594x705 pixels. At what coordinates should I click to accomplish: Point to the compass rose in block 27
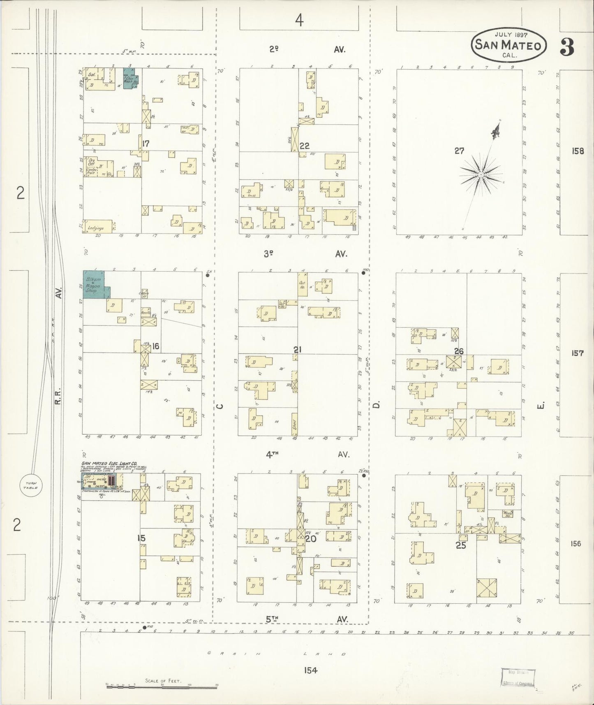pyautogui.click(x=480, y=175)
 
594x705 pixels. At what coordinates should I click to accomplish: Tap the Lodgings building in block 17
pyautogui.click(x=97, y=227)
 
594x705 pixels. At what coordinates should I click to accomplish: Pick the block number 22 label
pyautogui.click(x=304, y=146)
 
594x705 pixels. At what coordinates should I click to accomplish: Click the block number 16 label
pyautogui.click(x=155, y=346)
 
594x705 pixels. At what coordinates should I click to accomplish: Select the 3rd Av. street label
pyautogui.click(x=304, y=254)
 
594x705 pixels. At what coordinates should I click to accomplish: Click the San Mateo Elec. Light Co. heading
pyautogui.click(x=113, y=464)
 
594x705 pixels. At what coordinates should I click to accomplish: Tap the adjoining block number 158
pyautogui.click(x=577, y=151)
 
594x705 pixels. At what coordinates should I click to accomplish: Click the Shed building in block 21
pyautogui.click(x=295, y=424)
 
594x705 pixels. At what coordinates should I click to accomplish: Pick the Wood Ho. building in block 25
pyautogui.click(x=508, y=514)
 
